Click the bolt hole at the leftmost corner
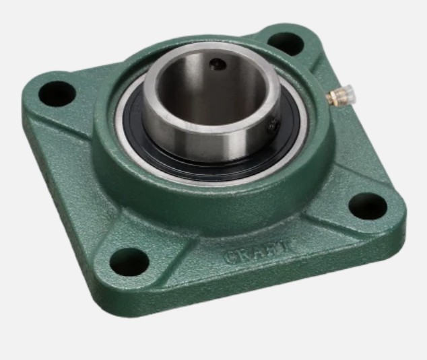point(57,94)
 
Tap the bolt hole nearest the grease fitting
point(286,44)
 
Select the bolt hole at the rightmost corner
point(368,206)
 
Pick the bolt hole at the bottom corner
point(129,262)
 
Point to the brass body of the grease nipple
point(333,97)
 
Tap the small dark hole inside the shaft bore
point(218,65)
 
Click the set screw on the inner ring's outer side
point(273,127)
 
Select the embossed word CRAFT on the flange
point(257,252)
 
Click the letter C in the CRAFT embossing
point(230,257)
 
